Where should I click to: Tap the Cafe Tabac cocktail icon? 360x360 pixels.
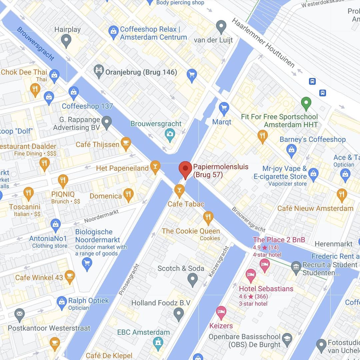coord(179,191)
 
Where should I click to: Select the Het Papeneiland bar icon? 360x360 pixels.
coord(155,167)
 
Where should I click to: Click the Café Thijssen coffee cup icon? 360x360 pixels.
coord(126,143)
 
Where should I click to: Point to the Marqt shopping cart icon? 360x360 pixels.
coord(224,108)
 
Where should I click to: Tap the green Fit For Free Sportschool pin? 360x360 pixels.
coord(306,103)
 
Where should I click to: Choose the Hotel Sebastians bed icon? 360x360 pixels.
coord(251,276)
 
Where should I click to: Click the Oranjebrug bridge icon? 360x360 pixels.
coord(99,72)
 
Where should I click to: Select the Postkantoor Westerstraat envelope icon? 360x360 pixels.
coord(20,314)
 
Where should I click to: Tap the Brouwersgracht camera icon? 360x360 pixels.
coord(170,135)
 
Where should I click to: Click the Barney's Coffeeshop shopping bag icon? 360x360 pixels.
coord(291,151)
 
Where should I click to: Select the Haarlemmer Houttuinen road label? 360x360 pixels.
coord(263,43)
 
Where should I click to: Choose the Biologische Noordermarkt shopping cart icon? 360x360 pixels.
coord(87,264)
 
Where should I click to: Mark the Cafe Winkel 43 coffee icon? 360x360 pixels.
coord(69,277)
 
